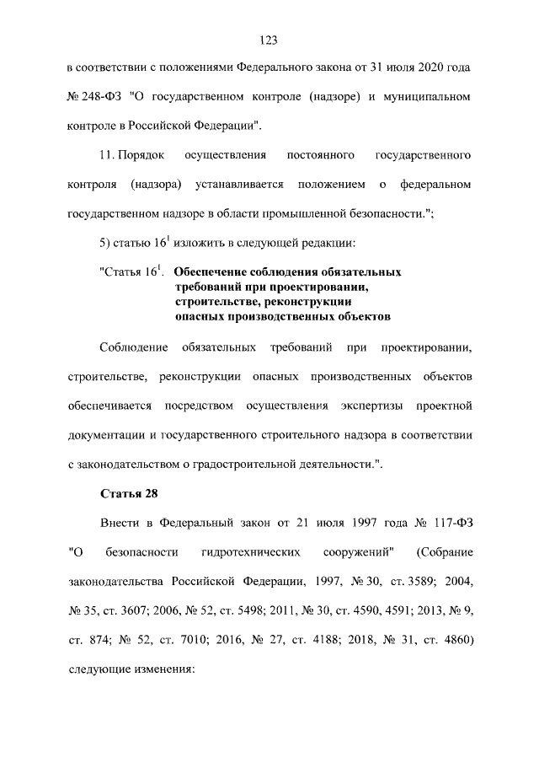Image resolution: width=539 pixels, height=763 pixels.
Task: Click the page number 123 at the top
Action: pyautogui.click(x=269, y=40)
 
